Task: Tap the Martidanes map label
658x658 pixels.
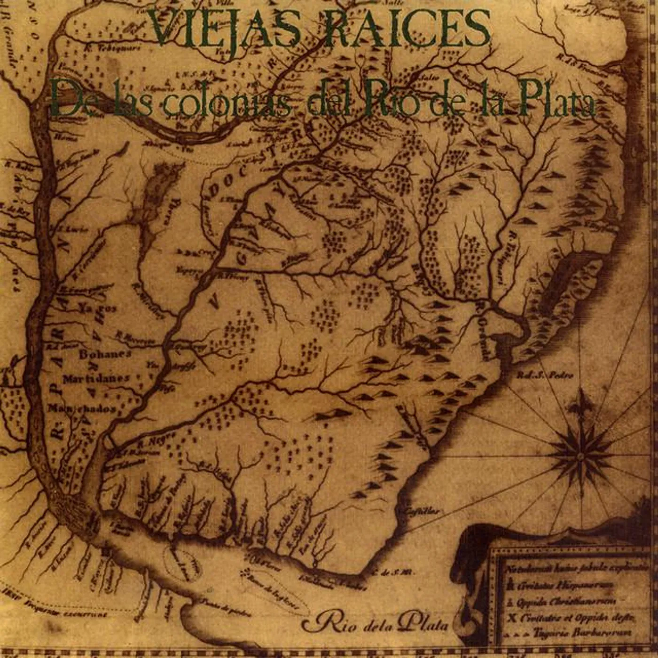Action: pos(96,378)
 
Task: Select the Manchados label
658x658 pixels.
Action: pos(82,408)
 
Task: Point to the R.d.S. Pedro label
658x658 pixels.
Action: pos(545,375)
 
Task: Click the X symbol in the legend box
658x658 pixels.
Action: pos(513,618)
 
